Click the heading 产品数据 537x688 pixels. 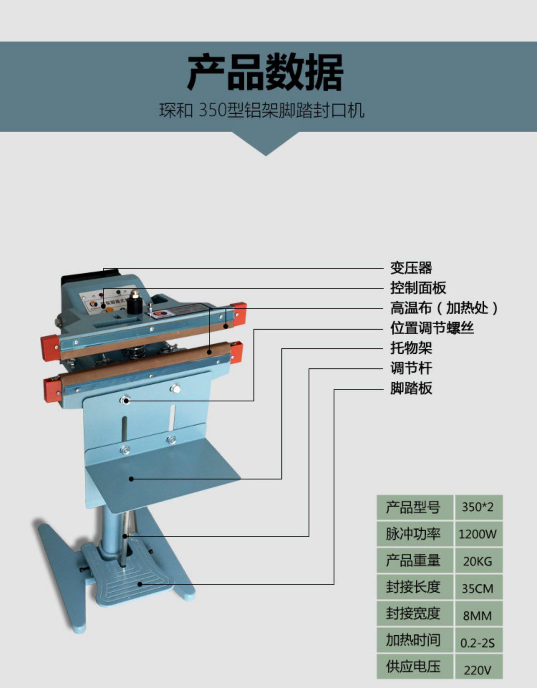click(x=265, y=73)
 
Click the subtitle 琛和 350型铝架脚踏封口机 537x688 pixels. click(x=262, y=110)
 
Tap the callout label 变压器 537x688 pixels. click(x=411, y=268)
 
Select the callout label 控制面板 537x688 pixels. click(x=418, y=288)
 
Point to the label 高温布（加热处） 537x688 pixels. click(x=444, y=308)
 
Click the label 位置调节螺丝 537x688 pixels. click(x=432, y=328)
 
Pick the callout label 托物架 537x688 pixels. click(x=411, y=348)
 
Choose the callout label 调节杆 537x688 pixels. click(x=411, y=368)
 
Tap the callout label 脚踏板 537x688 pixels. click(x=411, y=388)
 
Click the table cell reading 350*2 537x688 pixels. click(x=478, y=507)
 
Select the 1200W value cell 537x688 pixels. click(x=478, y=534)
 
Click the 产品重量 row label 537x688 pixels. click(x=413, y=561)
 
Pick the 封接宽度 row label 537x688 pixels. click(x=413, y=614)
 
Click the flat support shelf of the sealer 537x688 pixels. click(x=161, y=473)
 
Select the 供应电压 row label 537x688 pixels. click(x=413, y=667)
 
